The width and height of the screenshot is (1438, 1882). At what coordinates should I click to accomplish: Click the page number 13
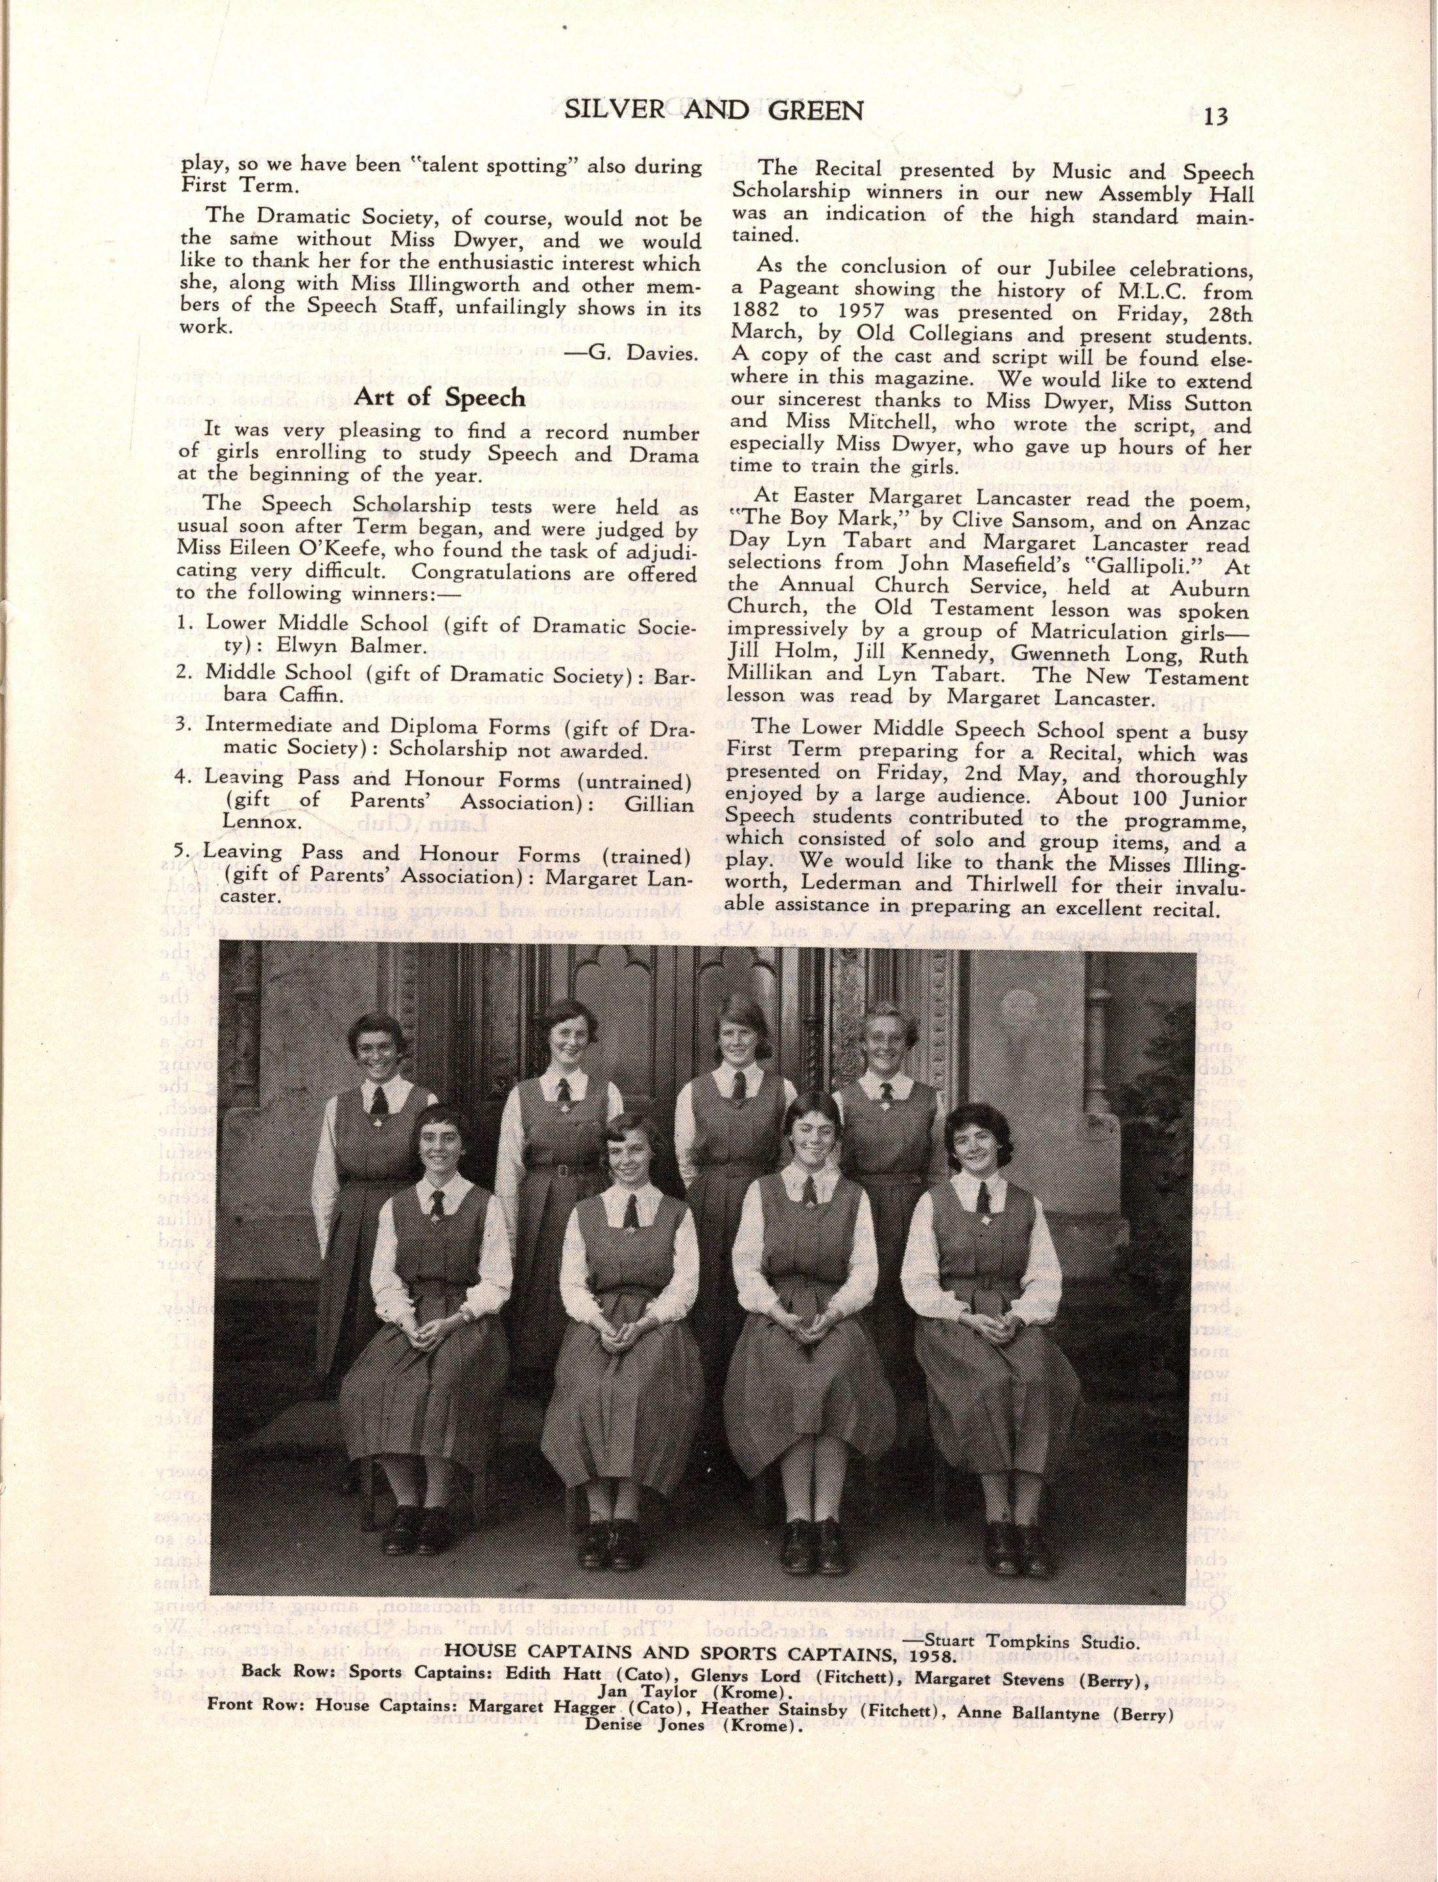tap(1215, 116)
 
